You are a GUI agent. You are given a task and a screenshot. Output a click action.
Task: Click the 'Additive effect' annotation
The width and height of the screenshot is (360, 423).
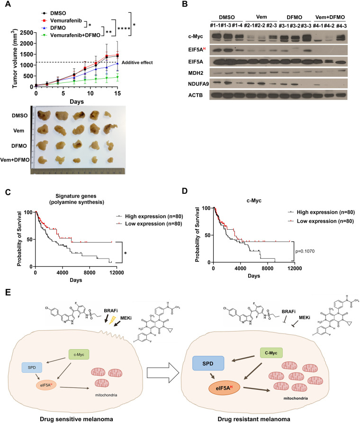click(138, 63)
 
